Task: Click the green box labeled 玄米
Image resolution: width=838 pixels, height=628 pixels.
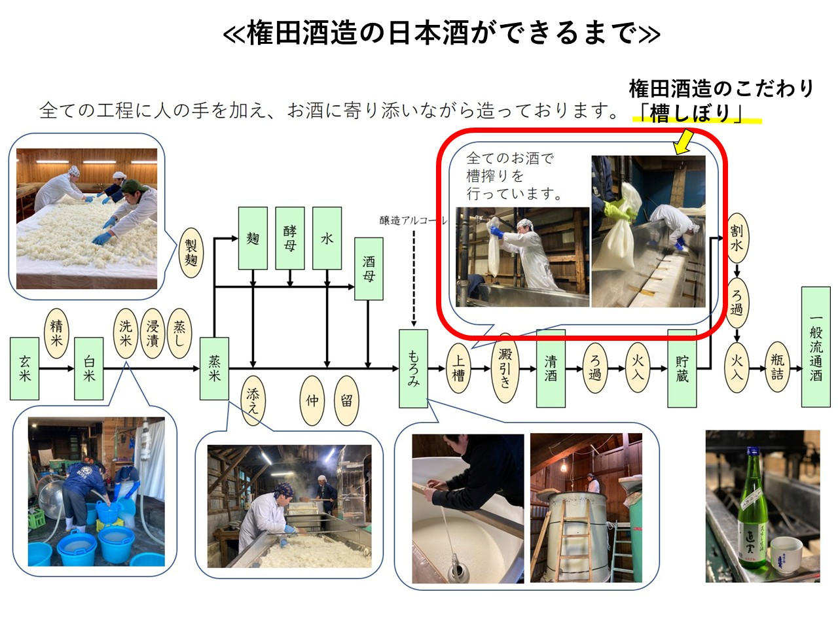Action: [x=24, y=368]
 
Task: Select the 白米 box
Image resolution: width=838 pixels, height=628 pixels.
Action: [x=89, y=368]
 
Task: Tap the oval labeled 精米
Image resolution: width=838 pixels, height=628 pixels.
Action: [x=56, y=334]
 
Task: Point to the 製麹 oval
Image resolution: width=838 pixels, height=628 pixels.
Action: [x=191, y=253]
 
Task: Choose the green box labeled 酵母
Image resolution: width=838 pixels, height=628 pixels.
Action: [x=290, y=239]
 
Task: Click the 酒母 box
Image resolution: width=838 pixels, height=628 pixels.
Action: [x=369, y=269]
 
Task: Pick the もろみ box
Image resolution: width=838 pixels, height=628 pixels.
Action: [x=413, y=368]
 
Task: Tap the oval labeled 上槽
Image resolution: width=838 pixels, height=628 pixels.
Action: [x=459, y=368]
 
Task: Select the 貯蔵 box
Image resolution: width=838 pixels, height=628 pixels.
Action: [x=682, y=368]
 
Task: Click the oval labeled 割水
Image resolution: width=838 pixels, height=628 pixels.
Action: [x=737, y=237]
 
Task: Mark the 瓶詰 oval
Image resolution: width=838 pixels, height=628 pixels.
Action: [x=777, y=368]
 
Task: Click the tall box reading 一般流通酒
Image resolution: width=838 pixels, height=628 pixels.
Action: [x=816, y=347]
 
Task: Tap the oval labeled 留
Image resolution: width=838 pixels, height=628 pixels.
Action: [x=346, y=400]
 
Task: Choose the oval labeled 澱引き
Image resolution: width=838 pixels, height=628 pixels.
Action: [x=505, y=368]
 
